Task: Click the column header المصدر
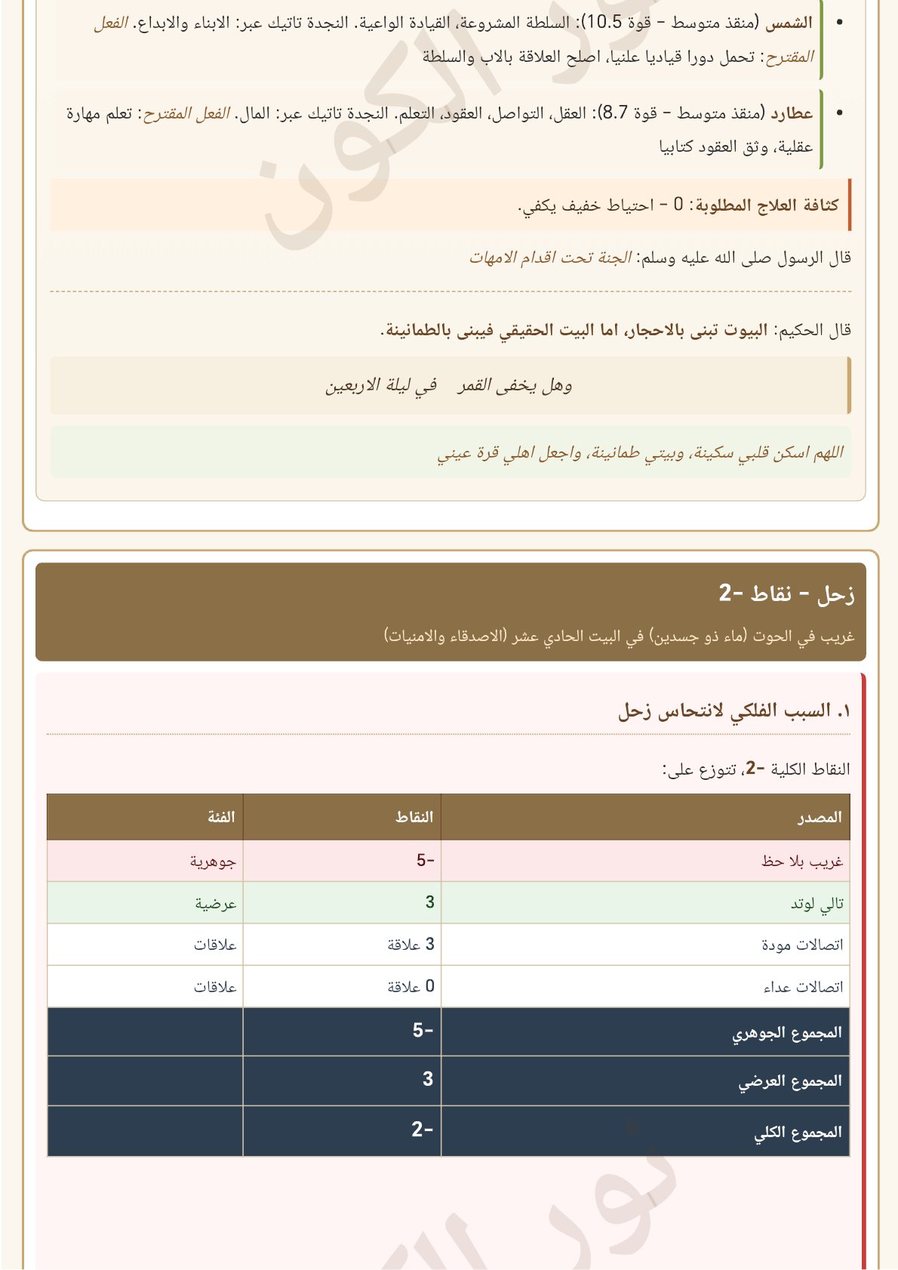click(820, 817)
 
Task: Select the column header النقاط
click(414, 817)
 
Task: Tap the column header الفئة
click(221, 817)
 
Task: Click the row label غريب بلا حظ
click(801, 861)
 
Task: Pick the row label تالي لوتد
click(817, 903)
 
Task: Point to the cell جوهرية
click(213, 861)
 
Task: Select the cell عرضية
click(216, 903)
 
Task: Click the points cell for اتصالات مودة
click(411, 945)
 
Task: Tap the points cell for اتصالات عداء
click(411, 987)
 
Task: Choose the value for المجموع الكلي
click(422, 1130)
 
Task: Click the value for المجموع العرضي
click(428, 1080)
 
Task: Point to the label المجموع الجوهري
click(786, 1032)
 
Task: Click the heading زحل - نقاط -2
click(786, 594)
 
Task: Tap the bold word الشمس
click(789, 23)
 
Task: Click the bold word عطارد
click(792, 114)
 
